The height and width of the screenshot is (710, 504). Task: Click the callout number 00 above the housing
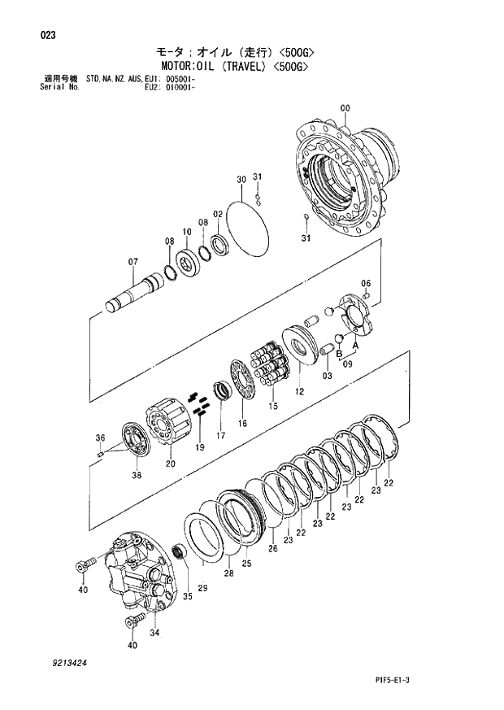point(345,109)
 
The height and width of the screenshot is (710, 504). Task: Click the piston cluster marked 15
point(269,364)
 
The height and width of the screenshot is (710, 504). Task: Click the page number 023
point(47,35)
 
